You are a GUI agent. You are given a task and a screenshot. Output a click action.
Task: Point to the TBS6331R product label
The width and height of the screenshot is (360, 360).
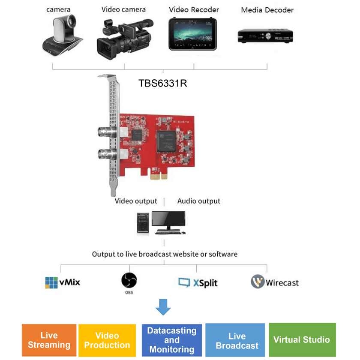point(162,83)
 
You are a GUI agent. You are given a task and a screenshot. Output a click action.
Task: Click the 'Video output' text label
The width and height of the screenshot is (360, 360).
point(136,201)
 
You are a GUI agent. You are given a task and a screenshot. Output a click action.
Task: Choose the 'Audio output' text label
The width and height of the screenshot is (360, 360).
point(199,201)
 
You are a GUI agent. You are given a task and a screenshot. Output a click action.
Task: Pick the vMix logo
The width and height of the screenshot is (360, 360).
point(63,282)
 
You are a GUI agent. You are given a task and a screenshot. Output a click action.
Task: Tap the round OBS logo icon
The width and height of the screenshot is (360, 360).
point(129,280)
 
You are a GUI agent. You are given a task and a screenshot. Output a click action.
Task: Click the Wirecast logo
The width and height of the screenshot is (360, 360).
point(275,282)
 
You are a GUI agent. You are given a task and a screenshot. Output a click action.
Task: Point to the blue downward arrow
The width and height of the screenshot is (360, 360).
point(163,307)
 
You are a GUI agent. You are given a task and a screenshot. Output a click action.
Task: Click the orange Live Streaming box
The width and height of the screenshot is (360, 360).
point(49,340)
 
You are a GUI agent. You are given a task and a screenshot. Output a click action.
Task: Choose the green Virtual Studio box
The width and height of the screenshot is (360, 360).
point(302,340)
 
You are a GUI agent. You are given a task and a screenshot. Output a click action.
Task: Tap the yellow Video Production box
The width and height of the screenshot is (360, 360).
point(107,340)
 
